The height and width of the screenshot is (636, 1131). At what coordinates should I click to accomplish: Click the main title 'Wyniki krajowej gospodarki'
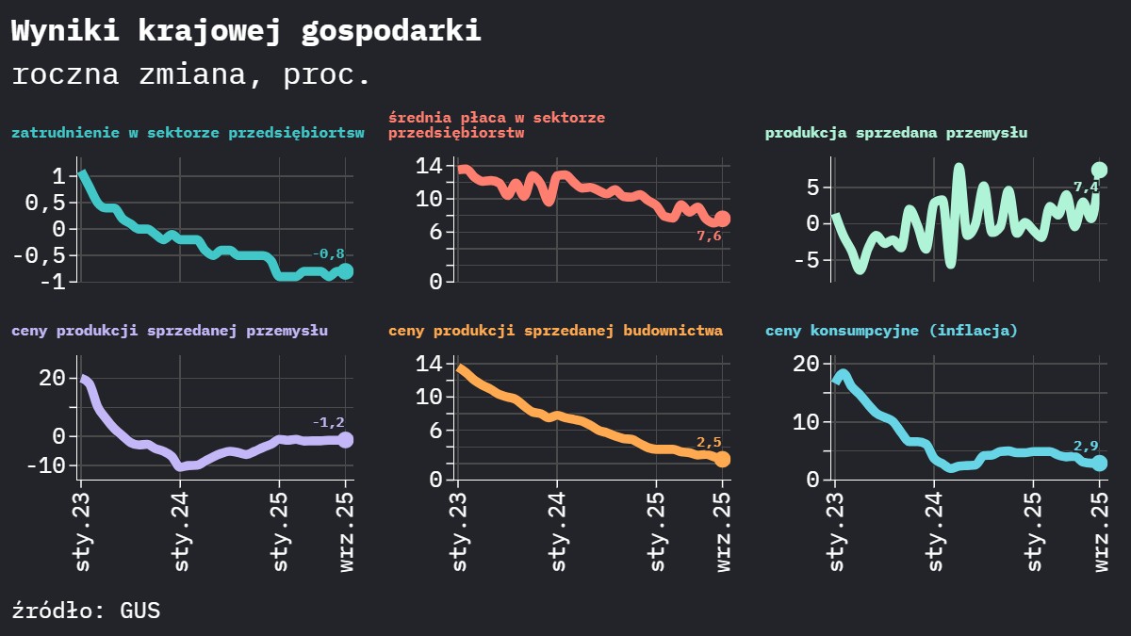coord(246,30)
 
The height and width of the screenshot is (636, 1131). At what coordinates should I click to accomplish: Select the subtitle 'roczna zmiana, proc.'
coord(191,74)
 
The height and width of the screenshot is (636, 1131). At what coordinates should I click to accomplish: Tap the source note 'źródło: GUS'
coord(86,611)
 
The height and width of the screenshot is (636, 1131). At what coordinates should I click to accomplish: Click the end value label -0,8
coord(328,253)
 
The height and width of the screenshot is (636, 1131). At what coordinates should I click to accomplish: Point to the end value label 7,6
coord(709,236)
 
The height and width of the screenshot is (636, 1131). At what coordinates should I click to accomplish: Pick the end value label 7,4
coord(1086,188)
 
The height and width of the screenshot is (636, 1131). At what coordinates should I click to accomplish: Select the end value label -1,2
coord(328,422)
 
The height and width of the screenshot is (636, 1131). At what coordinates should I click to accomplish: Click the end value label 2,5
coord(709,442)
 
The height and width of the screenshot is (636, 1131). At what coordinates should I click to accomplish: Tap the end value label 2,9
coord(1086,446)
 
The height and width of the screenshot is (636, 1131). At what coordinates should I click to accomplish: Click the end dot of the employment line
coord(346,271)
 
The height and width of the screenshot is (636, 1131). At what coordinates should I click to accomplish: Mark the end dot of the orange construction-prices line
coord(723,460)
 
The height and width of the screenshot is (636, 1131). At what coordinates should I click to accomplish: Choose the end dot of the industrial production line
coord(1099,171)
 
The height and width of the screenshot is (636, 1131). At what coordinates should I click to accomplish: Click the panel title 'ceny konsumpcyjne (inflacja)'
coord(891,331)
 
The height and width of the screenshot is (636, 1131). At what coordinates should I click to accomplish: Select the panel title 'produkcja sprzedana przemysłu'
coord(895,133)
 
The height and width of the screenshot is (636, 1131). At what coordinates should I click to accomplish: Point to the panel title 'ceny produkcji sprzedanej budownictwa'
coord(555,331)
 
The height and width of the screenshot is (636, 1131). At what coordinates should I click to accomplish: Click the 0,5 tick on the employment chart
coord(45,203)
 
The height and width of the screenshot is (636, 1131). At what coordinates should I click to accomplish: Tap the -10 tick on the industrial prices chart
coord(45,465)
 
